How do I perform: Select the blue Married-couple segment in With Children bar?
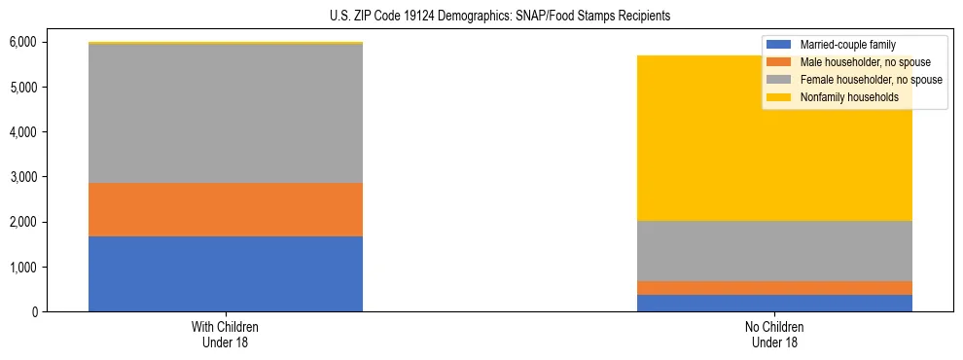[226, 273]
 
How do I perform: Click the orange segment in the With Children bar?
[226, 209]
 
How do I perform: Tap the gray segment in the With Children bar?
[226, 113]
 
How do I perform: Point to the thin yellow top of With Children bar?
[226, 43]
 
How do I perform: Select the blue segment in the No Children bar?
[774, 303]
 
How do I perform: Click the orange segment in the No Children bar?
[774, 288]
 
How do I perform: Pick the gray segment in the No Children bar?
[774, 251]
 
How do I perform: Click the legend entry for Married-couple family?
[847, 45]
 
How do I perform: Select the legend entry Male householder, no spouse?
[863, 62]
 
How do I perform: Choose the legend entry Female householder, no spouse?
[871, 80]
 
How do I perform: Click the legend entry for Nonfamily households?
[849, 97]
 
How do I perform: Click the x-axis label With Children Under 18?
[226, 335]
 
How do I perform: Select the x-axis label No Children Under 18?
[774, 335]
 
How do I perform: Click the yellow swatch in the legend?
[779, 97]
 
